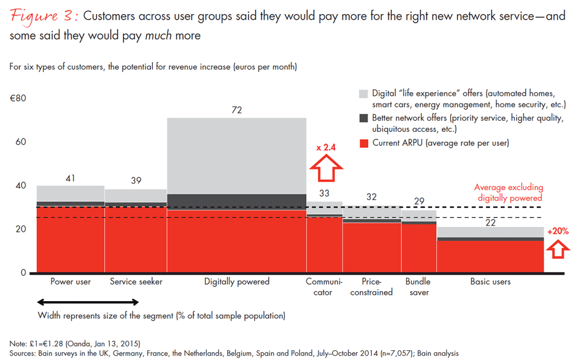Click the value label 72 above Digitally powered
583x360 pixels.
pyautogui.click(x=237, y=110)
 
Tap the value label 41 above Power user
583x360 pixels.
pyautogui.click(x=71, y=178)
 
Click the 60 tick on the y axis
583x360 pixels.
pyautogui.click(x=22, y=142)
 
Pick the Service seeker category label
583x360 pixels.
pyautogui.click(x=136, y=282)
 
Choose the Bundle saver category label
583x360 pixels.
pyautogui.click(x=418, y=287)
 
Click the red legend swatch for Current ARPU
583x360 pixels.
pyautogui.click(x=363, y=143)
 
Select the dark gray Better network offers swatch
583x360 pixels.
pyautogui.click(x=363, y=118)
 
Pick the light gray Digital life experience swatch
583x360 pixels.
pyautogui.click(x=363, y=94)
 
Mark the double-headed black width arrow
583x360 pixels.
pyautogui.click(x=88, y=302)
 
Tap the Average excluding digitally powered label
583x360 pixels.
pyautogui.click(x=508, y=193)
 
